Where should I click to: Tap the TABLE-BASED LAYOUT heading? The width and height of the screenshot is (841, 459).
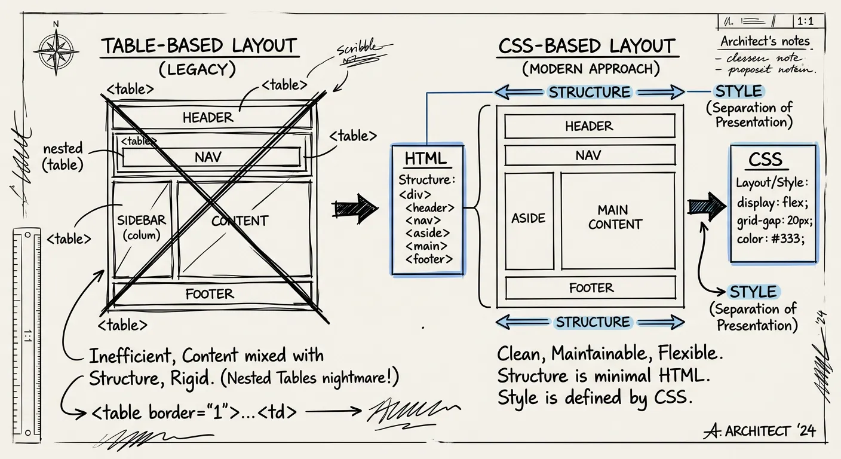198,46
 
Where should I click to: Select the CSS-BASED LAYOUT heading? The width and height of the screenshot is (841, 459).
587,46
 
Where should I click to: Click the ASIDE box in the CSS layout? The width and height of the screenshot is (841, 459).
529,219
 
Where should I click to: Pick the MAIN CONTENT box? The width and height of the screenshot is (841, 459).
617,219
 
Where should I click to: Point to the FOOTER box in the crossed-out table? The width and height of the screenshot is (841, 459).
210,294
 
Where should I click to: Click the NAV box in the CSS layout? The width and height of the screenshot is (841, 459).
589,155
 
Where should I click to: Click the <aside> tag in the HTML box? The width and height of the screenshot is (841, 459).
428,233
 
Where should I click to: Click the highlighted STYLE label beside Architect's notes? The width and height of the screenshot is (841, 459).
739,91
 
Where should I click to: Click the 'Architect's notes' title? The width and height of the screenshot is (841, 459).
765,42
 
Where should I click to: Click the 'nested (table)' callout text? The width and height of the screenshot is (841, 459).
63,157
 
